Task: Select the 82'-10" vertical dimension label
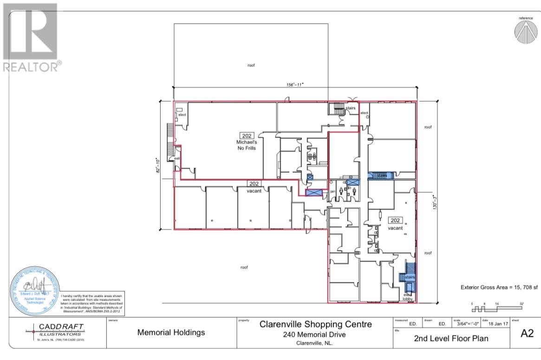(x=159, y=165)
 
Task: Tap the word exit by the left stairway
(x=177, y=159)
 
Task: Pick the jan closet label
(x=332, y=191)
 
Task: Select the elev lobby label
(x=408, y=297)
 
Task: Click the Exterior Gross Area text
(x=497, y=288)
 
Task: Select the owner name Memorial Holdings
(x=170, y=333)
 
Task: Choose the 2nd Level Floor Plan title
(x=451, y=338)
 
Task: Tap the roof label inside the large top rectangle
(x=251, y=65)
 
